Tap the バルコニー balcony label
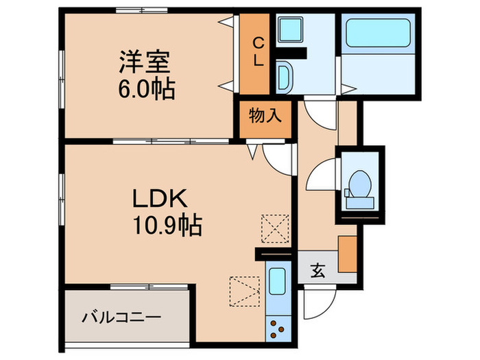click(121, 317)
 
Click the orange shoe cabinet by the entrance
click(348, 254)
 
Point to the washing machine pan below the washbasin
click(286, 74)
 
